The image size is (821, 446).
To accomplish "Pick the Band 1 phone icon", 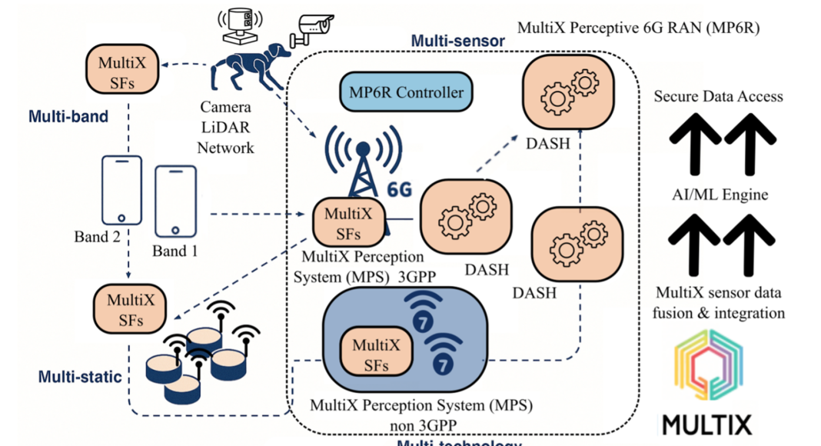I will (175, 201).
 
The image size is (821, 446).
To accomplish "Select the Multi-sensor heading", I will (458, 41).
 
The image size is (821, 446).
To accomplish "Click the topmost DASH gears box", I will (570, 93).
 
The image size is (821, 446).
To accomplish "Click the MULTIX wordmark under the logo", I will (706, 425).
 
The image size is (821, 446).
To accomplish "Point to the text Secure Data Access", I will (718, 97).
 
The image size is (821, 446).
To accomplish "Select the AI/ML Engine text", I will (718, 195).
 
